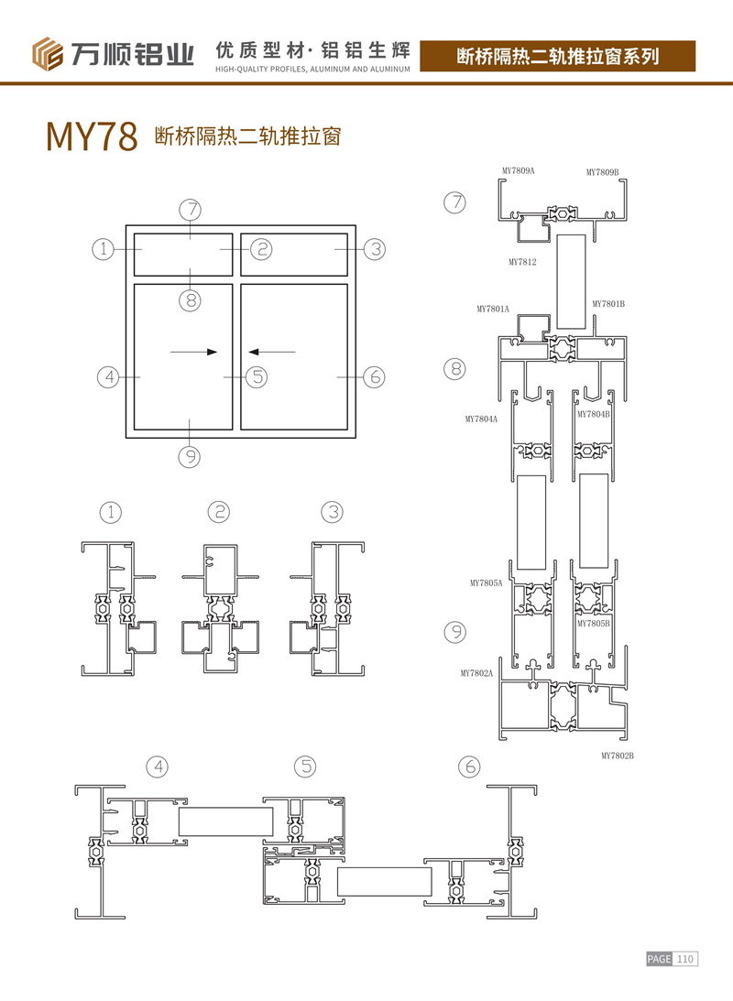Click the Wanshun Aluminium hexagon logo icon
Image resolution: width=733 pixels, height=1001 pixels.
pos(48,54)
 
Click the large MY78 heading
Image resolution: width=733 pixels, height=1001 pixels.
pos(92,136)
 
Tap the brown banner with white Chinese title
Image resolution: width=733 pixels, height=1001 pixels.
pos(557,56)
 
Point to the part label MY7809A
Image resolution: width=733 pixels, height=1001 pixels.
pos(518,171)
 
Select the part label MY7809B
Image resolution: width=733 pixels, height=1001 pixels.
pos(602,172)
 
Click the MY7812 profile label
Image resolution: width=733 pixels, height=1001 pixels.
pos(522,262)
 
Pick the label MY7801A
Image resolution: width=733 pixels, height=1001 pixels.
pos(493,309)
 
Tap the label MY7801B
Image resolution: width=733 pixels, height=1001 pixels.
pos(608,304)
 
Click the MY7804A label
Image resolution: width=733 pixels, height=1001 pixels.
pos(481,419)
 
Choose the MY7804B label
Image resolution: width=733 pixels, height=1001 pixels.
pos(593,414)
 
